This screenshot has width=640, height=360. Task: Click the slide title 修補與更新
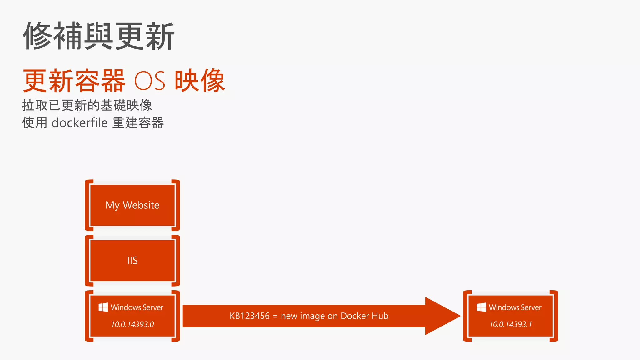[98, 36]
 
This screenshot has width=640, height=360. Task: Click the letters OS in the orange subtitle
[150, 81]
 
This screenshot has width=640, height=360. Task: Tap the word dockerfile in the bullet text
[80, 123]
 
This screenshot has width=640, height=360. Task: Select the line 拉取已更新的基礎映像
[87, 105]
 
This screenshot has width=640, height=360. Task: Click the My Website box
[132, 205]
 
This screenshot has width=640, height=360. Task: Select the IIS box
[132, 260]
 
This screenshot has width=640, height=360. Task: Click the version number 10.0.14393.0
[132, 324]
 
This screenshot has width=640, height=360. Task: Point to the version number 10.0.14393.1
[510, 324]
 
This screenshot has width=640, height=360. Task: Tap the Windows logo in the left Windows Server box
[103, 307]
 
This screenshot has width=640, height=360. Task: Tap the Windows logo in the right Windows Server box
[481, 307]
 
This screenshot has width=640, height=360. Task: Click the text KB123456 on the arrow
[249, 316]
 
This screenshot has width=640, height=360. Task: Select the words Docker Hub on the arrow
[364, 316]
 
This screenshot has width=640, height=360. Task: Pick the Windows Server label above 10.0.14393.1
[515, 307]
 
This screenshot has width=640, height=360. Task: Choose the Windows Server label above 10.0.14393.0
[137, 307]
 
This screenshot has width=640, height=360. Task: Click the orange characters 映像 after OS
[200, 81]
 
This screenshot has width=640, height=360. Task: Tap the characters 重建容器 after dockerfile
[138, 123]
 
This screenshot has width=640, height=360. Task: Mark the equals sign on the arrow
[275, 316]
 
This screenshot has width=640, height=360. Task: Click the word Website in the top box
[141, 205]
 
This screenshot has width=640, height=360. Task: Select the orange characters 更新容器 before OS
[74, 81]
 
